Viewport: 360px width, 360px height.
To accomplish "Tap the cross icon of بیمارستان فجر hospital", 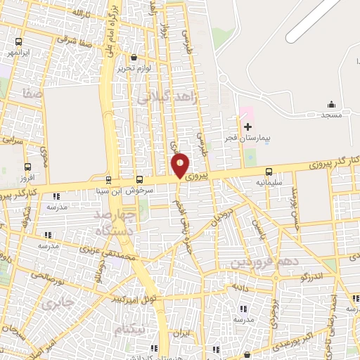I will pyautogui.click(x=247, y=127).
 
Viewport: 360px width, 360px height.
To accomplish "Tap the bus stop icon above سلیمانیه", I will pyautogui.click(x=269, y=172).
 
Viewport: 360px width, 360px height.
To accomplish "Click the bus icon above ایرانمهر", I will pyautogui.click(x=18, y=41).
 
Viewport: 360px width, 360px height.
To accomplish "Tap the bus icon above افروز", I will pyautogui.click(x=28, y=167).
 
